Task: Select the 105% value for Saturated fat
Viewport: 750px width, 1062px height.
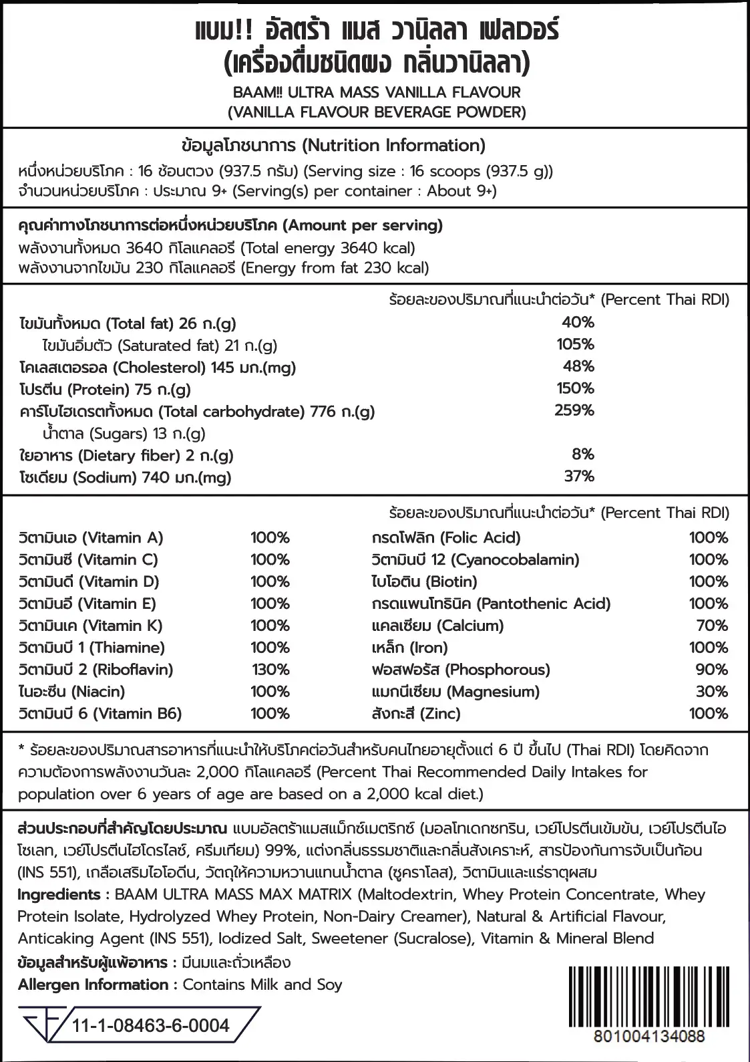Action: click(575, 344)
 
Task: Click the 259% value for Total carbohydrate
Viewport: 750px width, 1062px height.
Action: click(574, 410)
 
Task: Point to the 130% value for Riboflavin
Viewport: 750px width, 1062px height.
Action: click(270, 670)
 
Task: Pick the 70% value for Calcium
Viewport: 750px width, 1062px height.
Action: click(711, 626)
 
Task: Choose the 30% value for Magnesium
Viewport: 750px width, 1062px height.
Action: click(711, 692)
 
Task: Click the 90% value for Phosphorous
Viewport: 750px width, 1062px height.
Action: click(711, 670)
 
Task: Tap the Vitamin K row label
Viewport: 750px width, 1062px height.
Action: click(91, 626)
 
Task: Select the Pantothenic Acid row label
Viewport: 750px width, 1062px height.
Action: click(491, 604)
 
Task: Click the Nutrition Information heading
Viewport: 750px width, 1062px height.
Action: click(333, 146)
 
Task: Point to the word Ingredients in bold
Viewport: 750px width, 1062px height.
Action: click(59, 894)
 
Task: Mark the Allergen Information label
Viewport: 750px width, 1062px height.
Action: click(93, 984)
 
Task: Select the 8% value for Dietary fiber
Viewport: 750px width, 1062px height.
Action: click(582, 454)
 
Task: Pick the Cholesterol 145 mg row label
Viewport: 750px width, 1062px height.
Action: click(157, 368)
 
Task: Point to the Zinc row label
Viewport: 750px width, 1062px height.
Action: click(415, 714)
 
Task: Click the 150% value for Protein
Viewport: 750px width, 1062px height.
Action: click(575, 388)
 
